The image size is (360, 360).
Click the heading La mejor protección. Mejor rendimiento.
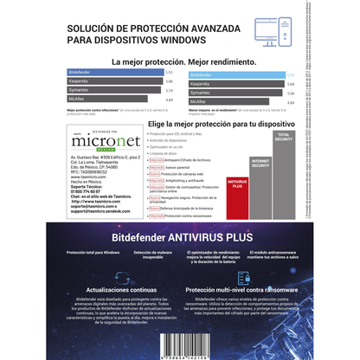[x=180, y=61]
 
